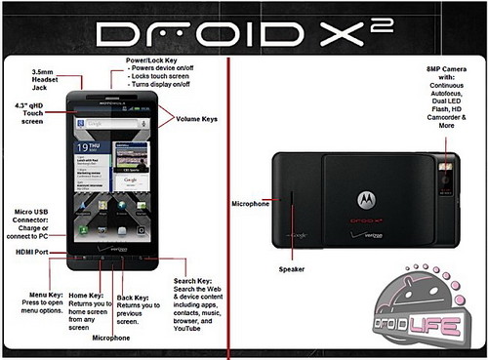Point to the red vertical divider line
tap(228, 195)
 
